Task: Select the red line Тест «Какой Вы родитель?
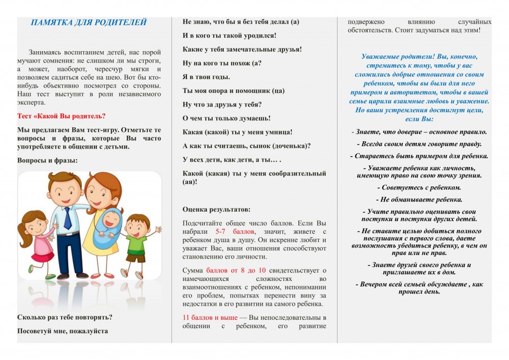[x=61, y=116]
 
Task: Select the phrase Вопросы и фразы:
[x=47, y=161]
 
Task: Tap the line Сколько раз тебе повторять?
[x=65, y=317]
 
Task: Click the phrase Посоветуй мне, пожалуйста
[x=63, y=331]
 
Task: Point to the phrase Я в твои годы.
[x=206, y=77]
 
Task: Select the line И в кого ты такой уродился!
[x=229, y=36]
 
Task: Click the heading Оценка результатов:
[x=216, y=209]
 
